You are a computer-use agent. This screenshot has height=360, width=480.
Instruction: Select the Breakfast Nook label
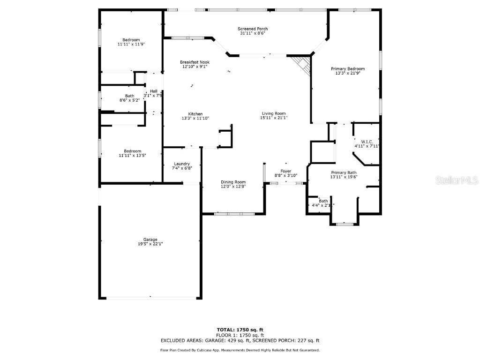point(195,62)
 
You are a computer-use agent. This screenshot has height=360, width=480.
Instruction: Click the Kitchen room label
point(195,114)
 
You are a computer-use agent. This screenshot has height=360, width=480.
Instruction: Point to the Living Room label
point(273,113)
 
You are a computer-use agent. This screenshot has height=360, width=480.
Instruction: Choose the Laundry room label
point(181,164)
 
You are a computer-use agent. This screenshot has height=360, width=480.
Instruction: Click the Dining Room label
point(233,182)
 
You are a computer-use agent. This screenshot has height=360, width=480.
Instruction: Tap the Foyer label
point(286,171)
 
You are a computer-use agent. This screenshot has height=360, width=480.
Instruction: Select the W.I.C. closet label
point(367,142)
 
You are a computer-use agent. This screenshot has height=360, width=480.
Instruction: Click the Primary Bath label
point(344,172)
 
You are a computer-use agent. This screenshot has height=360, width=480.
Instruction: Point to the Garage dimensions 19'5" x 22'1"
point(150,244)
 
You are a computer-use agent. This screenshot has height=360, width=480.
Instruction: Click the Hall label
point(154,91)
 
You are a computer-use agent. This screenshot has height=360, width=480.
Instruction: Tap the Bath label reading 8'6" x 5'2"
point(129,100)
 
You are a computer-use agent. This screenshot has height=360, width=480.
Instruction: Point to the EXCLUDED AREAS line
point(240,341)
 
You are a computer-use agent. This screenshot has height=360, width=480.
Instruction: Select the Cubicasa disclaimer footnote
point(240,350)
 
